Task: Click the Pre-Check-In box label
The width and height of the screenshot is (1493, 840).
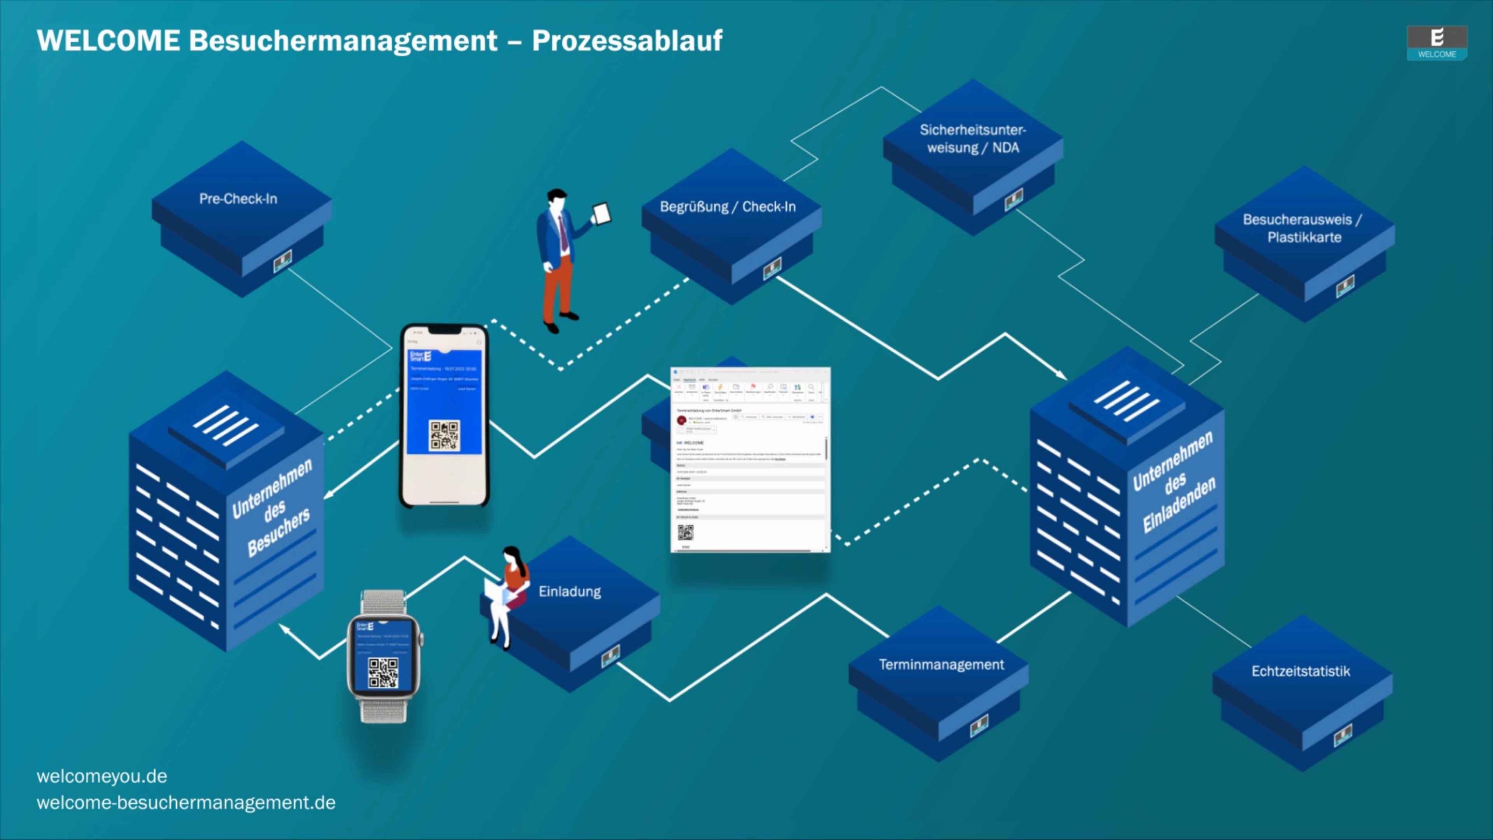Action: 238,199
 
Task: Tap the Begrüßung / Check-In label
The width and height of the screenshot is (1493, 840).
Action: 727,206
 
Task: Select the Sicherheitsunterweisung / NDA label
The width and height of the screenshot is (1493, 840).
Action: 972,139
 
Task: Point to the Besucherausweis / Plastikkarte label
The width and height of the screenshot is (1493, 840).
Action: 1302,228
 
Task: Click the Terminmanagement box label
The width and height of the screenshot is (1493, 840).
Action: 941,664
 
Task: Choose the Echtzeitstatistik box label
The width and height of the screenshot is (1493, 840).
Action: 1301,671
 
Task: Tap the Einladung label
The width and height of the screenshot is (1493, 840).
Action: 569,591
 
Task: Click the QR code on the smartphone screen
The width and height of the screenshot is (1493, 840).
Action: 444,435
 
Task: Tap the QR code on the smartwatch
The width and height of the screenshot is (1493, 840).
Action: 383,673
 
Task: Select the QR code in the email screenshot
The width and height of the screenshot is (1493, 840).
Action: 685,532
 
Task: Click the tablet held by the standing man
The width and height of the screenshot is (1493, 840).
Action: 602,213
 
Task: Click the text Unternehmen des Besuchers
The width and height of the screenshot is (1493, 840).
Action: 272,508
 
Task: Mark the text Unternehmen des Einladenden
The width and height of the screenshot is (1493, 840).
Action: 1173,482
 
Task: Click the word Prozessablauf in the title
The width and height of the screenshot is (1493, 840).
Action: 627,41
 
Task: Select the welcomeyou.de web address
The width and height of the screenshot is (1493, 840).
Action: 102,776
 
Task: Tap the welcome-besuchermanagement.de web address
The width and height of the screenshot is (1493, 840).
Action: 186,803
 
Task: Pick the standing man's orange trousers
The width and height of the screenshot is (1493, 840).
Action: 557,286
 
